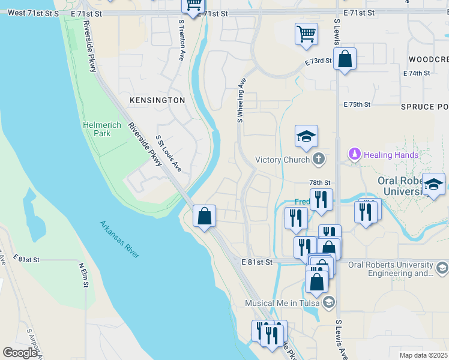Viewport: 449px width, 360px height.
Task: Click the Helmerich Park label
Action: [101, 129]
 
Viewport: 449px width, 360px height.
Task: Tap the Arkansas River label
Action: [120, 239]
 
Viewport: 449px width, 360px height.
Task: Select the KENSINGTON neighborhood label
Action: [158, 100]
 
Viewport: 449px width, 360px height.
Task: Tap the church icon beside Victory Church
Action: [318, 159]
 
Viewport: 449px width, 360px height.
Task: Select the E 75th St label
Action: [358, 104]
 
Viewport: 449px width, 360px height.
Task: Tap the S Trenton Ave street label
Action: [181, 40]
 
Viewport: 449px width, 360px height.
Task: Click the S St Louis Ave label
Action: [169, 154]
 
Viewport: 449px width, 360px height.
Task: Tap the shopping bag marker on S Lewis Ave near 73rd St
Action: [345, 59]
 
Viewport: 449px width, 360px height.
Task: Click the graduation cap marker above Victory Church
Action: [306, 136]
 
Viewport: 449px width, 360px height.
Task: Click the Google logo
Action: [20, 353]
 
